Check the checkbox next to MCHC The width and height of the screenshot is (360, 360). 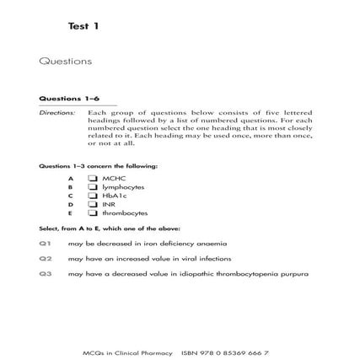coord(93,179)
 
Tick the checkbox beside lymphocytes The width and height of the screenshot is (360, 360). coord(93,187)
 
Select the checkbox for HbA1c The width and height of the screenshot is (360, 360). coord(93,196)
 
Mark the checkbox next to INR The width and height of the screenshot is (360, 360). coord(93,204)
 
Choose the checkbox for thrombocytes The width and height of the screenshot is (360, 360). coord(93,212)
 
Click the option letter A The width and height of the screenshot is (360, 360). coord(71,179)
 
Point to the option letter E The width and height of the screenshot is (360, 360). coord(71,212)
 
